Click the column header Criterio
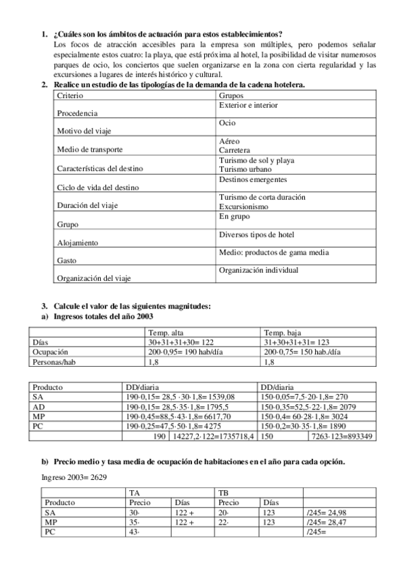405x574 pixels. pyautogui.click(x=71, y=96)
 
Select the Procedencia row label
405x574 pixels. pyautogui.click(x=77, y=114)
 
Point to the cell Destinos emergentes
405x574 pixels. pyautogui.click(x=253, y=179)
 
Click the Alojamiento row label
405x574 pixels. pyautogui.click(x=78, y=242)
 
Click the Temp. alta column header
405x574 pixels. pyautogui.click(x=166, y=332)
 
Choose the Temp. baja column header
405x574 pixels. pyautogui.click(x=283, y=332)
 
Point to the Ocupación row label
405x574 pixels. pyautogui.click(x=52, y=352)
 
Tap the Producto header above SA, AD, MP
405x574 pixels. pyautogui.click(x=48, y=387)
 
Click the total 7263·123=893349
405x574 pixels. pyautogui.click(x=341, y=437)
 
